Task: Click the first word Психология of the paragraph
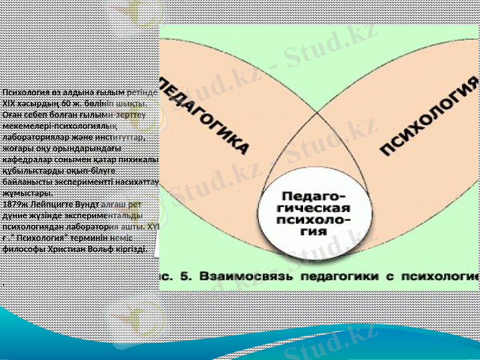point(28,92)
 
